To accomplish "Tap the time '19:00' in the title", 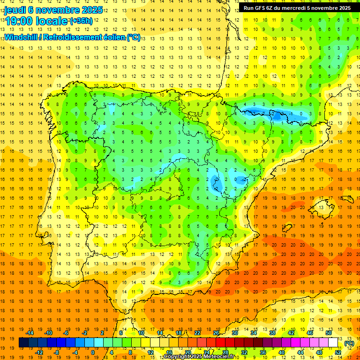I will [x=19, y=21].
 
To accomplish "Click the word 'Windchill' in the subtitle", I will [x=23, y=37].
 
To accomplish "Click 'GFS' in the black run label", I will [x=263, y=8].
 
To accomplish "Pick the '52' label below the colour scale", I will [x=338, y=352].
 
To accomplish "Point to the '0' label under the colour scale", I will [x=93, y=352].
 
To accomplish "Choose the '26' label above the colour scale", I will [x=216, y=333].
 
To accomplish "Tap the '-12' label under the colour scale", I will [x=39, y=352].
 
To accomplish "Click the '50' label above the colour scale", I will [x=328, y=333].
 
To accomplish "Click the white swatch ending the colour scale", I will [x=333, y=343].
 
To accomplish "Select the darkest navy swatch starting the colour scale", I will [x=23, y=343].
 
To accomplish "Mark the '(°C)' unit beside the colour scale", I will [x=349, y=343].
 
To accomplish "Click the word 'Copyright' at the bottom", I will [x=177, y=357].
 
